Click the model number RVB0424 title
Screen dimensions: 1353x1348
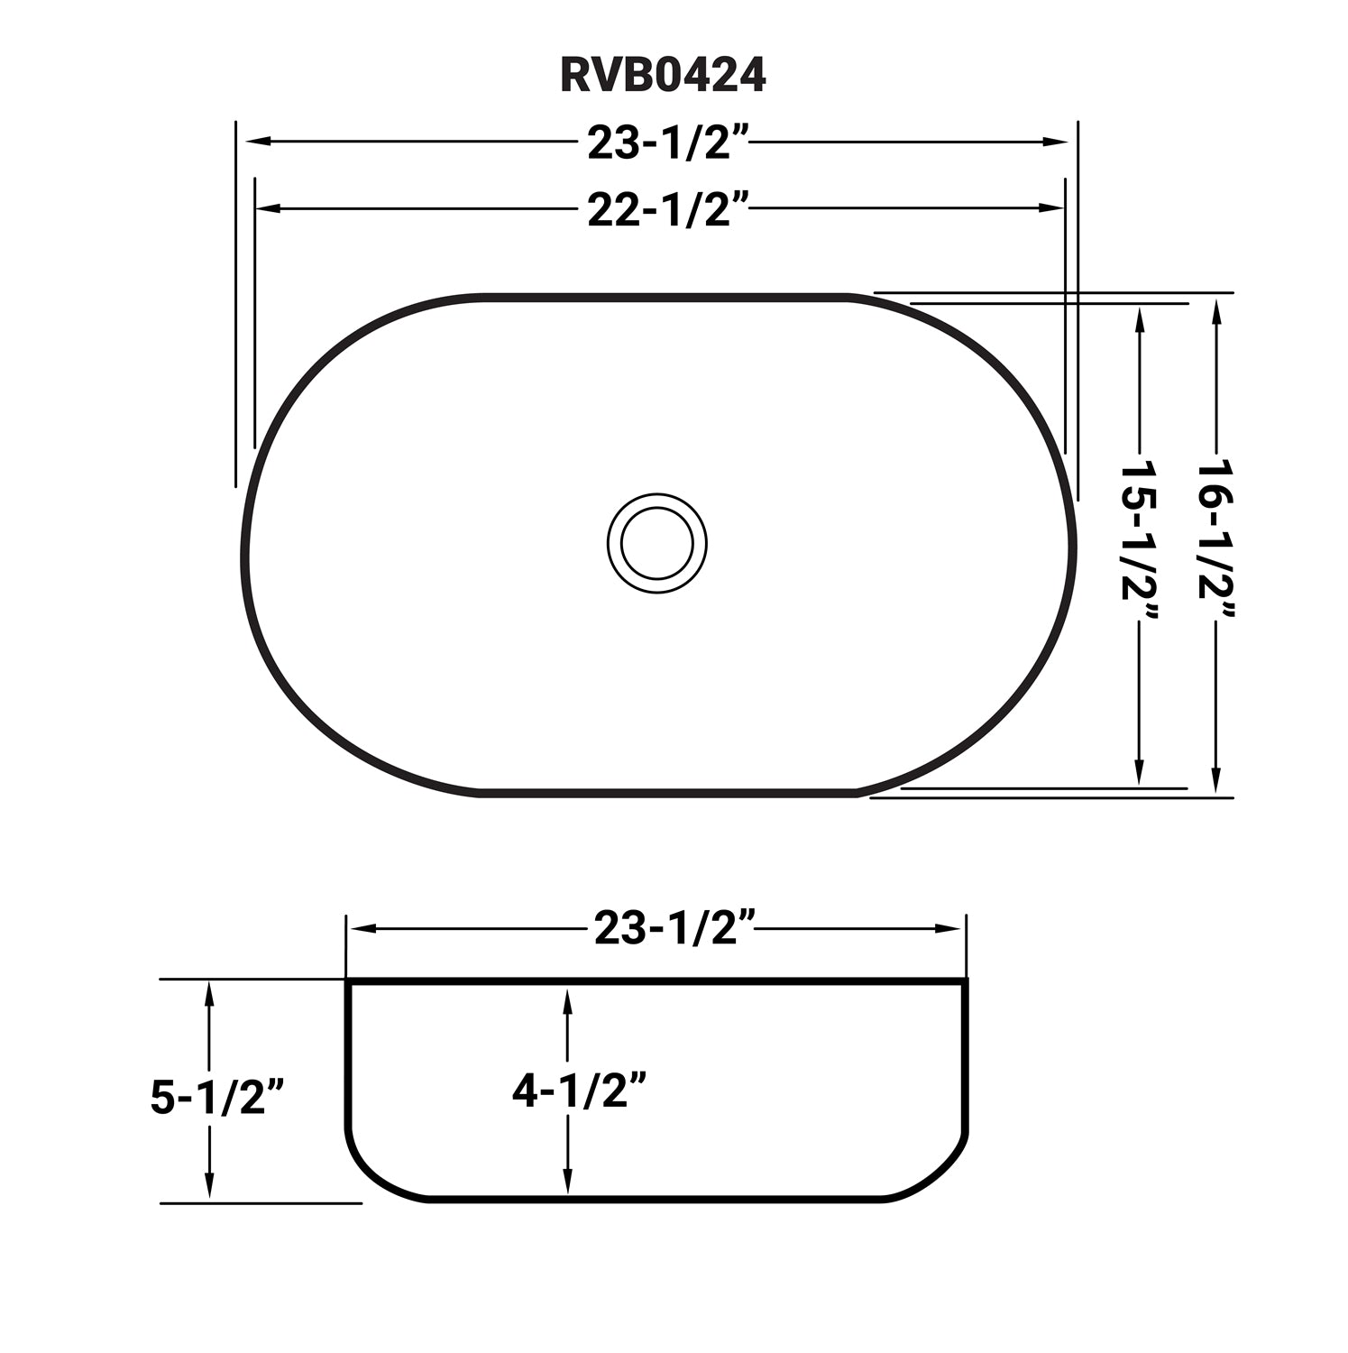(x=663, y=76)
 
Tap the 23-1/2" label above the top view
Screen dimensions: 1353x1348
(x=668, y=143)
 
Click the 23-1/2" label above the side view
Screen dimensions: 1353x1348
(x=674, y=928)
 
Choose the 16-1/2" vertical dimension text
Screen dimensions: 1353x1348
(x=1215, y=542)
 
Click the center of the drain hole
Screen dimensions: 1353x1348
(x=656, y=543)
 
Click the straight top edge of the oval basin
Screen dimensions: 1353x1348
(x=663, y=296)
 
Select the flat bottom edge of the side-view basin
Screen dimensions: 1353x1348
(x=656, y=1199)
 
